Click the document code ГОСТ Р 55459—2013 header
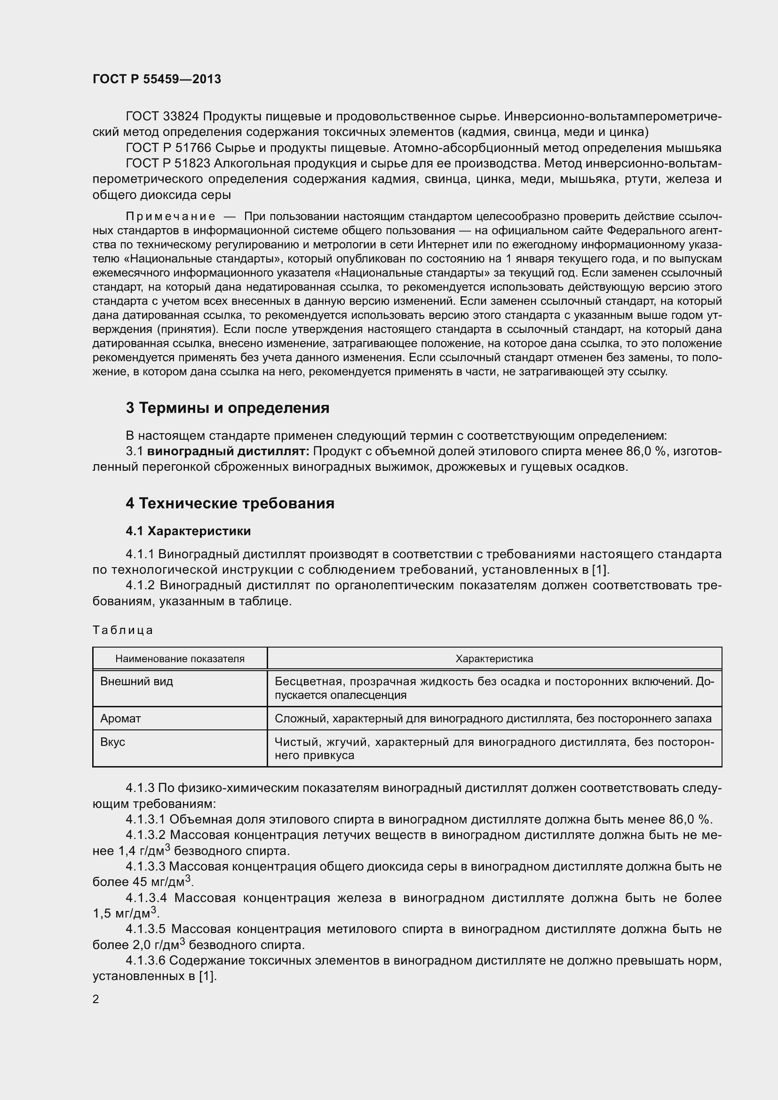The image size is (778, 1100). click(x=157, y=79)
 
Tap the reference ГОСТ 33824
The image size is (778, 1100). click(x=164, y=117)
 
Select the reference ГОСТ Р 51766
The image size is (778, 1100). click(x=167, y=148)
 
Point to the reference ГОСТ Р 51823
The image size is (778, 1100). click(x=167, y=163)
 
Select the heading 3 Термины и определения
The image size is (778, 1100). click(x=228, y=408)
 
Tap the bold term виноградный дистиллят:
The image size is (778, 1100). click(x=228, y=451)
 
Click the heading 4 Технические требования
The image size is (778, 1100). click(x=230, y=504)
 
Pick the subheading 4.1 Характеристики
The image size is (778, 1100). click(x=188, y=531)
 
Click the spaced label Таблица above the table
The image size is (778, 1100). click(x=123, y=630)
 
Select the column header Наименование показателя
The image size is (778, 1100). click(x=180, y=659)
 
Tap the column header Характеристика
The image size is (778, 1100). click(x=494, y=659)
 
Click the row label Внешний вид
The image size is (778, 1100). click(x=136, y=681)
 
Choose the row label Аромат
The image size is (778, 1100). click(x=120, y=719)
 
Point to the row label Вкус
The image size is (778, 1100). click(x=112, y=742)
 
